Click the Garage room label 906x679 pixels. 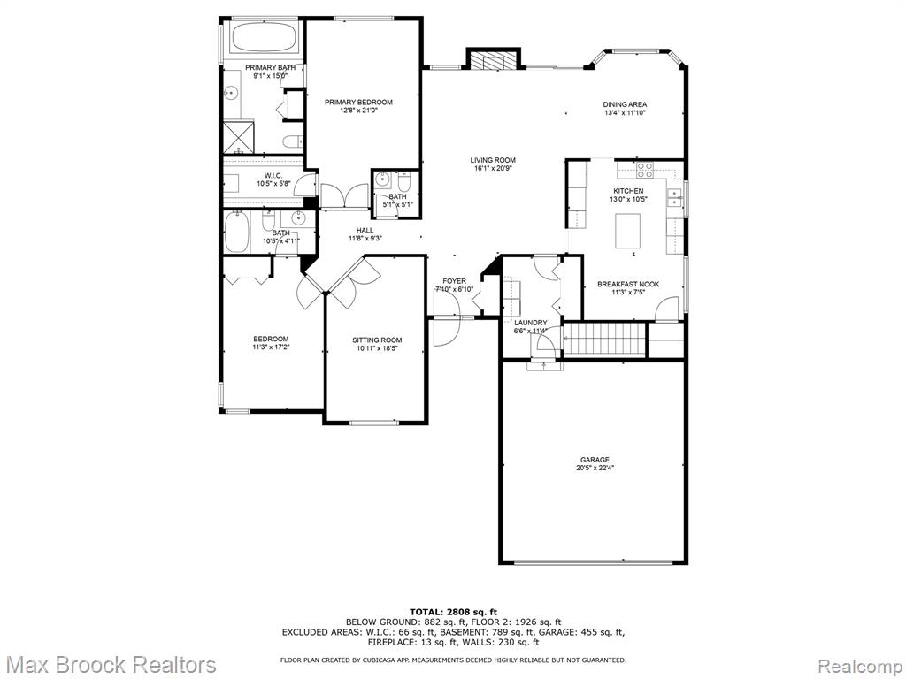pos(595,460)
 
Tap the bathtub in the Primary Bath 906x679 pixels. pos(265,37)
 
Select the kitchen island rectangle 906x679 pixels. pos(628,230)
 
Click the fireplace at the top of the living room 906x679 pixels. pos(494,62)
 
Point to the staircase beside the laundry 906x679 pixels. pos(603,339)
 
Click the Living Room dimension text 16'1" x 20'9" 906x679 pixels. pos(492,169)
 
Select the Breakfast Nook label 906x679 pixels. pos(628,284)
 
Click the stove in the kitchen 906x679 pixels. pos(645,169)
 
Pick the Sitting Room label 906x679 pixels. pos(377,340)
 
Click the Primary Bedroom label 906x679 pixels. pos(358,103)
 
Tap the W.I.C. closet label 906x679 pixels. pos(273,176)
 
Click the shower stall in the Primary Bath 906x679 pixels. pos(239,137)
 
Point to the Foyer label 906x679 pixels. pos(454,281)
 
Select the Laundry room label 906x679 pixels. pos(531,323)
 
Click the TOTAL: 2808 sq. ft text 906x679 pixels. pos(453,612)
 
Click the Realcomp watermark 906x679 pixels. pos(860,665)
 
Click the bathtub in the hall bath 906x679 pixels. pos(237,233)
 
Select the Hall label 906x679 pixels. pos(365,231)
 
